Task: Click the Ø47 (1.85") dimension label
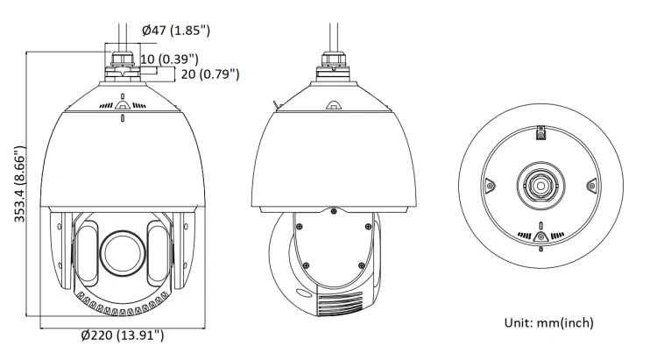(176, 30)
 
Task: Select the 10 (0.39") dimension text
(169, 59)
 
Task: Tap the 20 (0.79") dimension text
(210, 74)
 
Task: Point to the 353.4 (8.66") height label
(19, 184)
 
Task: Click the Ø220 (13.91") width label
(123, 335)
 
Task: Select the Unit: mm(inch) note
(549, 322)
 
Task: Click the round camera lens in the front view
(123, 253)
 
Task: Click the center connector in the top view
(541, 185)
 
